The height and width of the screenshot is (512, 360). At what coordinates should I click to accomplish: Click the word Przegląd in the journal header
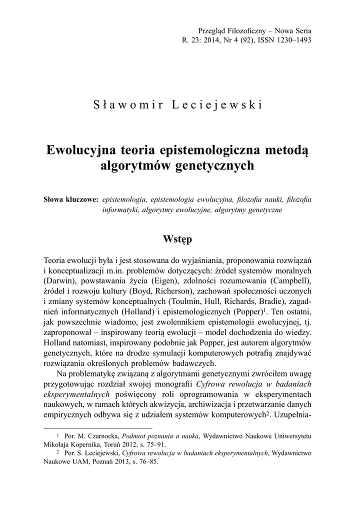point(213,30)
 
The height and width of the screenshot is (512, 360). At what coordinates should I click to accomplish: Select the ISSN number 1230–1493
point(290,40)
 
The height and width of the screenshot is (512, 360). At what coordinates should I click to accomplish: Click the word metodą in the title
point(287,150)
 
